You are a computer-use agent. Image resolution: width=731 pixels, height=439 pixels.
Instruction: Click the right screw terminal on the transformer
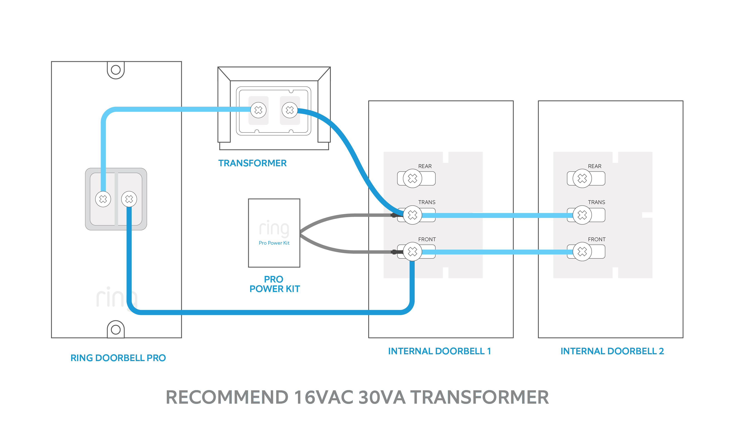[290, 110]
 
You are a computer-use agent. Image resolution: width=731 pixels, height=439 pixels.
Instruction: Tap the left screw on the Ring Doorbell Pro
[103, 199]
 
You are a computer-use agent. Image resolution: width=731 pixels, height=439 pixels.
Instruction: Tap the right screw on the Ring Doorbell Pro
[129, 199]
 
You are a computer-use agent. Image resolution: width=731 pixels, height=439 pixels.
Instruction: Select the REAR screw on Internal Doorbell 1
[412, 178]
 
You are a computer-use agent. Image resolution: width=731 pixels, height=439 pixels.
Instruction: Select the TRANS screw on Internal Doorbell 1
[412, 215]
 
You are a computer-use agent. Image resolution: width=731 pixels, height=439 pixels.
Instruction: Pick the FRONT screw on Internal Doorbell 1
[412, 251]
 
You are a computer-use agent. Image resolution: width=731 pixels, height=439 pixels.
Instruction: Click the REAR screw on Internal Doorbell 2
[582, 178]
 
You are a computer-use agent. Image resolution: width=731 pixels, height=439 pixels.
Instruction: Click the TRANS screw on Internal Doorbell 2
[582, 215]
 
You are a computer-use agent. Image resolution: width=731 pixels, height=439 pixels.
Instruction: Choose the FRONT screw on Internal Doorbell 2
[582, 251]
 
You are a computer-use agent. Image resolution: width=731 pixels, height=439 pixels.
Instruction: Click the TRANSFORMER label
[252, 163]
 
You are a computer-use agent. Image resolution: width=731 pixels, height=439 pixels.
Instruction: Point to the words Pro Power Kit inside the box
[274, 243]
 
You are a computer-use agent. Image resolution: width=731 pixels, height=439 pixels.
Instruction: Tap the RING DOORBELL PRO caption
[118, 358]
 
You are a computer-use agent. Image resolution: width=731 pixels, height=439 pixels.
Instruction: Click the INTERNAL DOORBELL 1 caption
[439, 351]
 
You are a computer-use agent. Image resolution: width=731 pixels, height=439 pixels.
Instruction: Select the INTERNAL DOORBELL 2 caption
[612, 351]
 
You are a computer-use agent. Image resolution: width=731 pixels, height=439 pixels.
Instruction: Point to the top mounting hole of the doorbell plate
[116, 70]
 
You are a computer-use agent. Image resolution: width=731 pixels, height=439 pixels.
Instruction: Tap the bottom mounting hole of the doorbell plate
[116, 329]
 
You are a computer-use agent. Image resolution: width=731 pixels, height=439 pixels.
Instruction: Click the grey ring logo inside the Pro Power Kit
[274, 228]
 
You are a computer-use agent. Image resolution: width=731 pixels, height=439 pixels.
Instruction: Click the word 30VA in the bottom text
[382, 397]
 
